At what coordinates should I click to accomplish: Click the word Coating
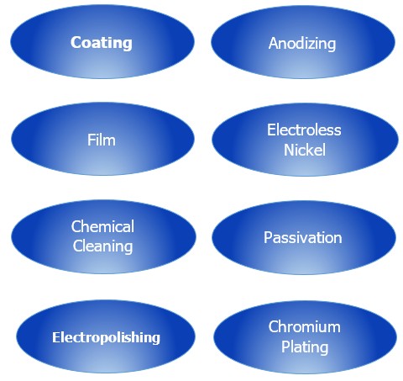click(x=102, y=43)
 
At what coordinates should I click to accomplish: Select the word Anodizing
click(x=302, y=44)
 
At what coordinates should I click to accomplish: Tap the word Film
click(x=102, y=140)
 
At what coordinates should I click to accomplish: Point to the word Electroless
click(x=304, y=130)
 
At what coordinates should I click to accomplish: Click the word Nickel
click(x=305, y=150)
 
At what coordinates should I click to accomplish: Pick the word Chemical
click(x=102, y=226)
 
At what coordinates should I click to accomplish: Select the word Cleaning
click(x=102, y=246)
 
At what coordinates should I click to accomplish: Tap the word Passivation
click(x=303, y=238)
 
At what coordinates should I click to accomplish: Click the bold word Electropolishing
click(x=106, y=338)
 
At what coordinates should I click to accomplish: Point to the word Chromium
click(x=305, y=326)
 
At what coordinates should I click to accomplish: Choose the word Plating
click(x=305, y=347)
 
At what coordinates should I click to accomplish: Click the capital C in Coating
click(x=76, y=43)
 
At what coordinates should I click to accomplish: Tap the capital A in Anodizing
click(x=274, y=43)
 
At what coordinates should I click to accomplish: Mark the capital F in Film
click(x=92, y=140)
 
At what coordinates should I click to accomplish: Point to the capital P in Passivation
click(x=268, y=238)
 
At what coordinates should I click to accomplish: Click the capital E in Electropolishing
click(x=56, y=337)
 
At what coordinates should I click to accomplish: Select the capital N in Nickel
click(x=290, y=150)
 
